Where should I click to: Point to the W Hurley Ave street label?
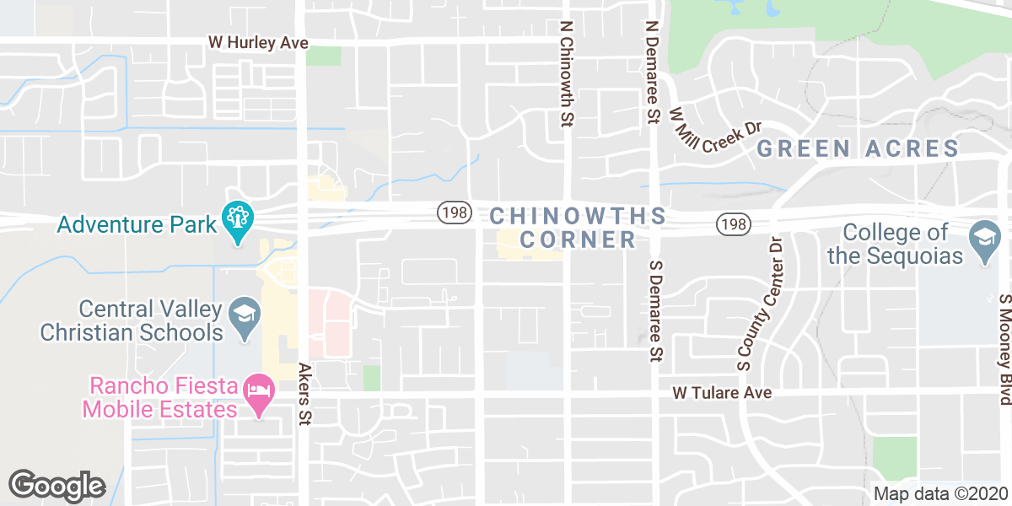click(259, 42)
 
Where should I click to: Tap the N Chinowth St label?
click(566, 75)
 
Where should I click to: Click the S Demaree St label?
click(654, 312)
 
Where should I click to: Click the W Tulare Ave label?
click(722, 393)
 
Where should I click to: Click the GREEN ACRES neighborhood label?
click(858, 149)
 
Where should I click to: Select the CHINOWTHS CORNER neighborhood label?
click(578, 228)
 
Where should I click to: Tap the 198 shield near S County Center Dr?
click(733, 224)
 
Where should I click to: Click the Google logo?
click(57, 485)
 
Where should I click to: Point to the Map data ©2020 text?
click(939, 494)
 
